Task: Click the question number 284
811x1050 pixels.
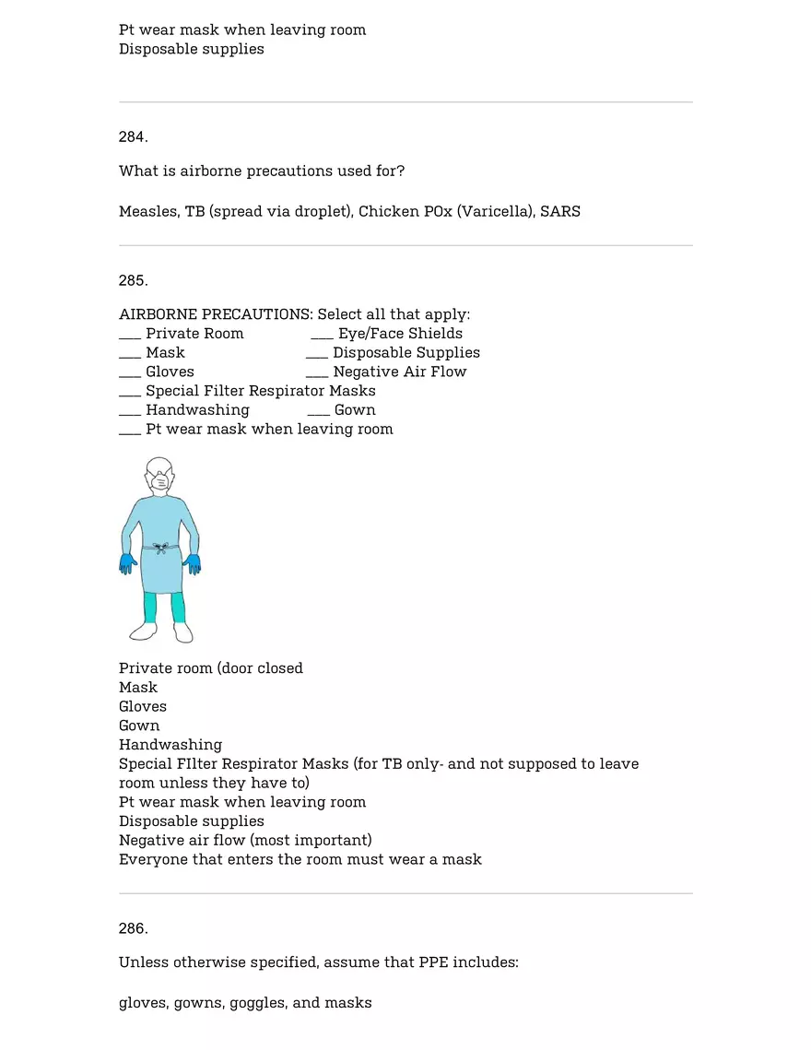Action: pos(133,137)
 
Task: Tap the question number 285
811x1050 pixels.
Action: pos(133,281)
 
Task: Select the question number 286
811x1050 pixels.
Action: pos(133,928)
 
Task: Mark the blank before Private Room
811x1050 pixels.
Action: pos(130,335)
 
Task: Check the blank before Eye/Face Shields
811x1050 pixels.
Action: pos(322,335)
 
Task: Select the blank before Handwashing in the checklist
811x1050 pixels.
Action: pos(130,411)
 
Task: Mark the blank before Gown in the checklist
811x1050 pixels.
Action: pos(318,411)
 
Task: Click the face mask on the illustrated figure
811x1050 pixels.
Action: pos(159,482)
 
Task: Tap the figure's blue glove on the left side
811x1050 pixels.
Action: pos(127,564)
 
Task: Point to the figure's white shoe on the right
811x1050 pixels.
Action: pos(182,631)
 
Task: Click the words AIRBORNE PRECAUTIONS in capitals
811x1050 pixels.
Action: pos(215,315)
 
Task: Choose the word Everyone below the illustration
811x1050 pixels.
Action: pos(152,860)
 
